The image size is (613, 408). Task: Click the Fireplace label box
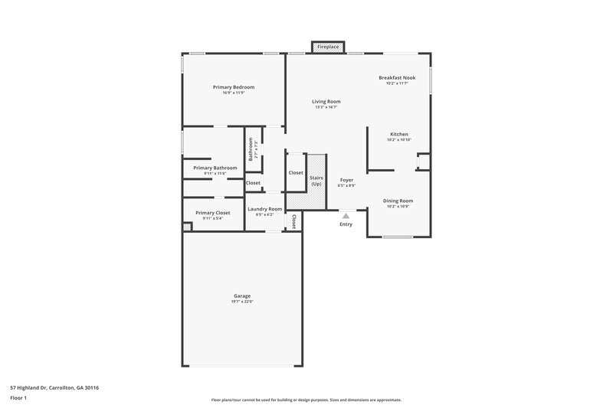328,47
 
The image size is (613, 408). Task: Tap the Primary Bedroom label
234,87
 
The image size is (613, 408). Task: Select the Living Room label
326,101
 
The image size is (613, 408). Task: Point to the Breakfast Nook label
397,77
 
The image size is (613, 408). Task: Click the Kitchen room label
398,134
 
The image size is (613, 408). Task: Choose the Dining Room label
398,201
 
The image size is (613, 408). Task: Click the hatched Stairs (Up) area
316,181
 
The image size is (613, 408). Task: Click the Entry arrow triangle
346,217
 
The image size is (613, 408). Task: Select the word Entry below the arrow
346,224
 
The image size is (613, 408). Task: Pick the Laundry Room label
264,209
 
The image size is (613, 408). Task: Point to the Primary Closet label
212,213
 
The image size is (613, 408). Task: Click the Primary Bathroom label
215,168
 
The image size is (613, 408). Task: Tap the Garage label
242,295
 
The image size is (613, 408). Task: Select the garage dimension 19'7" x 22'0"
242,302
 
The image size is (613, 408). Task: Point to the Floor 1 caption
19,399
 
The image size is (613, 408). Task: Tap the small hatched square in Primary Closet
186,227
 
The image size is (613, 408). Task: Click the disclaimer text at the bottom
306,400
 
